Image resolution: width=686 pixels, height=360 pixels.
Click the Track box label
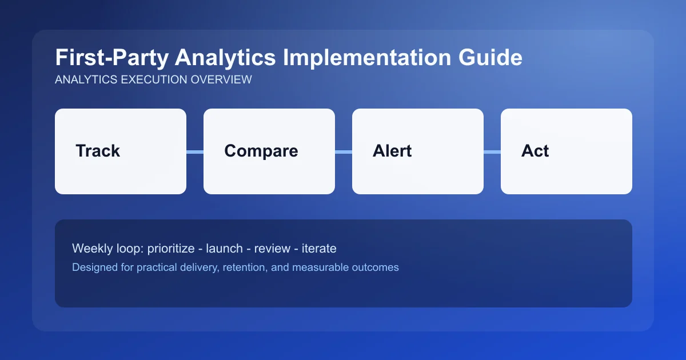pyautogui.click(x=98, y=151)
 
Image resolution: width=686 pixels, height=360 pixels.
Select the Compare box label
pyautogui.click(x=261, y=151)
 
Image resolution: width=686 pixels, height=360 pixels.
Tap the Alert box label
pyautogui.click(x=392, y=151)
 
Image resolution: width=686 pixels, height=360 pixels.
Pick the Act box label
pyautogui.click(x=535, y=151)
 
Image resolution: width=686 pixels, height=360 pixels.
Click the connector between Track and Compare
pyautogui.click(x=195, y=151)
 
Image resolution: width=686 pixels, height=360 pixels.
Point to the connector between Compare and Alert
pyautogui.click(x=344, y=151)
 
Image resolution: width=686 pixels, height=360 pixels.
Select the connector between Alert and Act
pyautogui.click(x=492, y=151)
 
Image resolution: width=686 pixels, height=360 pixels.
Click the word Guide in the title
pyautogui.click(x=493, y=58)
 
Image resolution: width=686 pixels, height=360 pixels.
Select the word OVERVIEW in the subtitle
pyautogui.click(x=222, y=80)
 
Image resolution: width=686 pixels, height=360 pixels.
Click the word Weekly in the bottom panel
pyautogui.click(x=91, y=249)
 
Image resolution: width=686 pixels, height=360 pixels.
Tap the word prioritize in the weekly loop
pyautogui.click(x=172, y=249)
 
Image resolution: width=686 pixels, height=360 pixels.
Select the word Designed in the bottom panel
pyautogui.click(x=93, y=267)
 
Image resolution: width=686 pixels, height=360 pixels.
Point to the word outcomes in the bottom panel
pyautogui.click(x=375, y=267)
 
